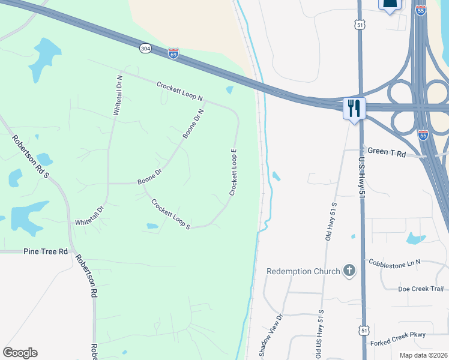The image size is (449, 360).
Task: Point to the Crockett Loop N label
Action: [180, 91]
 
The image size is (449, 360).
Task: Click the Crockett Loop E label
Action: [234, 172]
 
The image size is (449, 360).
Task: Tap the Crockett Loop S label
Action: [171, 214]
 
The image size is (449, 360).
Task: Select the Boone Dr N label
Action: [194, 124]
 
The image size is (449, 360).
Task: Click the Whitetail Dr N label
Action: [119, 95]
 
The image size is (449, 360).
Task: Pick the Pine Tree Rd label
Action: [46, 251]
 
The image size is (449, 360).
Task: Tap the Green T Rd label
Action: [387, 153]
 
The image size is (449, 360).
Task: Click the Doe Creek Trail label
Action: [420, 289]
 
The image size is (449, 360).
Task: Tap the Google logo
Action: [20, 353]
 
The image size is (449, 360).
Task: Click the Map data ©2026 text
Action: [424, 355]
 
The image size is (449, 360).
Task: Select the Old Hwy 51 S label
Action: [331, 221]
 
